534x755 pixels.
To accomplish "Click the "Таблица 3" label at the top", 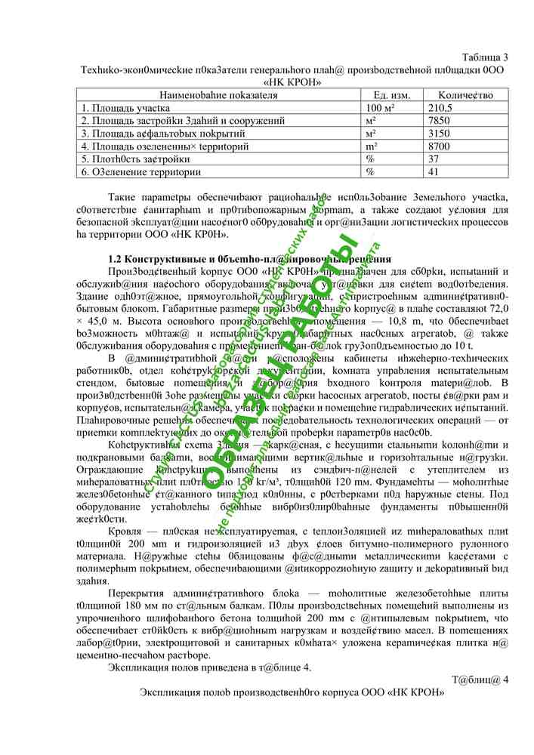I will pos(484,57).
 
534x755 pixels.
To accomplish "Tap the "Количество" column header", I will pos(466,95).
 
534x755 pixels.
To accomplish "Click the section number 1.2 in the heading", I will pos(116,259).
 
